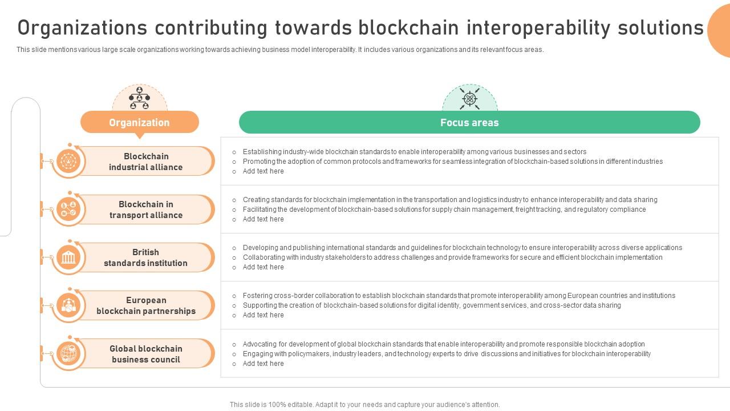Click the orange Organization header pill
(139, 122)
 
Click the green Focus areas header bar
(469, 122)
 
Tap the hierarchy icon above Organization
(139, 98)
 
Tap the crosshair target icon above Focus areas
(469, 99)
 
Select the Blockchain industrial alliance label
(146, 162)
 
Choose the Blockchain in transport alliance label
(146, 209)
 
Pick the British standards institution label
(146, 257)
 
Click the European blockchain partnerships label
(146, 305)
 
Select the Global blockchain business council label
(146, 354)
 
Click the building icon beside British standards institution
(69, 258)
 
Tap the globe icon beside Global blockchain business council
(69, 354)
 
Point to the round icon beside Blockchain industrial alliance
(69, 162)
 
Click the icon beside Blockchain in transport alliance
(69, 209)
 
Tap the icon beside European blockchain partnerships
(69, 306)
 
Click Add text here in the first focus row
(263, 171)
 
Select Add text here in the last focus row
(263, 364)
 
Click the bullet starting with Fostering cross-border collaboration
(459, 296)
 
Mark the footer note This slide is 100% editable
(364, 405)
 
